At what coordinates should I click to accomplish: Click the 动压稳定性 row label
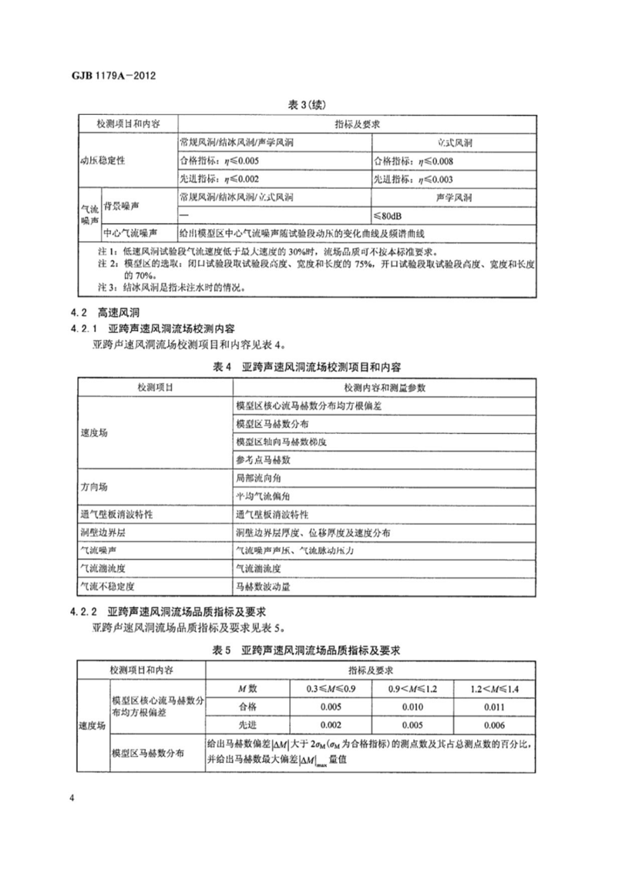[x=103, y=162]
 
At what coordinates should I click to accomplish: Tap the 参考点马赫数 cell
[x=263, y=458]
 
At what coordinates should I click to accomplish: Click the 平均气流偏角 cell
[x=263, y=495]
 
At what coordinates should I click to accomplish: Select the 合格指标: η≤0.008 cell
[x=414, y=161]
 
